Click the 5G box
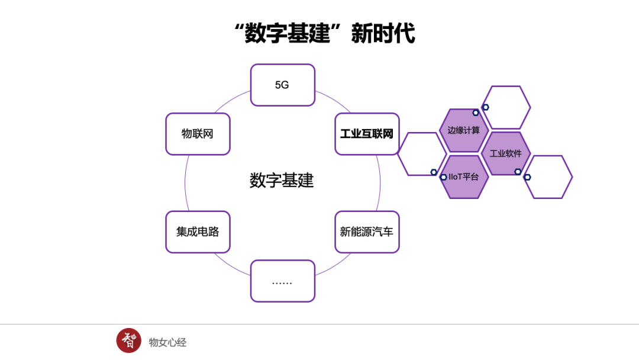[x=282, y=85]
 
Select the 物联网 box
[x=198, y=134]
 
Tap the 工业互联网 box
[x=367, y=134]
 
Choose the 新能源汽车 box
[x=367, y=232]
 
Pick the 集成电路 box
[x=198, y=232]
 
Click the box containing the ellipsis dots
[x=282, y=281]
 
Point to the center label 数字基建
[x=282, y=181]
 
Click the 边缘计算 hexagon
[x=464, y=130]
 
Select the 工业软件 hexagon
[x=506, y=153]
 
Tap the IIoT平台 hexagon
[x=464, y=176]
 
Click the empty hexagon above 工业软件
[x=506, y=107]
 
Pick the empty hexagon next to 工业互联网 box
[x=421, y=154]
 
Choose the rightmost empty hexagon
[x=548, y=176]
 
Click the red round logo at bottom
[x=129, y=340]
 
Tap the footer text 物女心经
[x=167, y=342]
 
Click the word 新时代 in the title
[x=383, y=33]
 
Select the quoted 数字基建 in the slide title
[x=286, y=33]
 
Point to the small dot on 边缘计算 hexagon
[x=476, y=112]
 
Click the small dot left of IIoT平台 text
[x=443, y=177]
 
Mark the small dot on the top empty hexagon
[x=486, y=107]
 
